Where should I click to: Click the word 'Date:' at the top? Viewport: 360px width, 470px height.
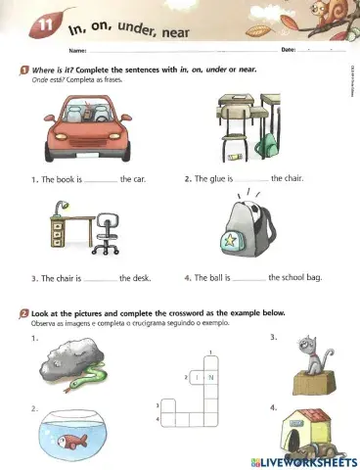[x=288, y=49]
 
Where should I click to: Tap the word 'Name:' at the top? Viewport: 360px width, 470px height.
[x=77, y=50]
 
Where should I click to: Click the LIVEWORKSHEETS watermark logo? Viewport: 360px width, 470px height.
[x=300, y=459]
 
